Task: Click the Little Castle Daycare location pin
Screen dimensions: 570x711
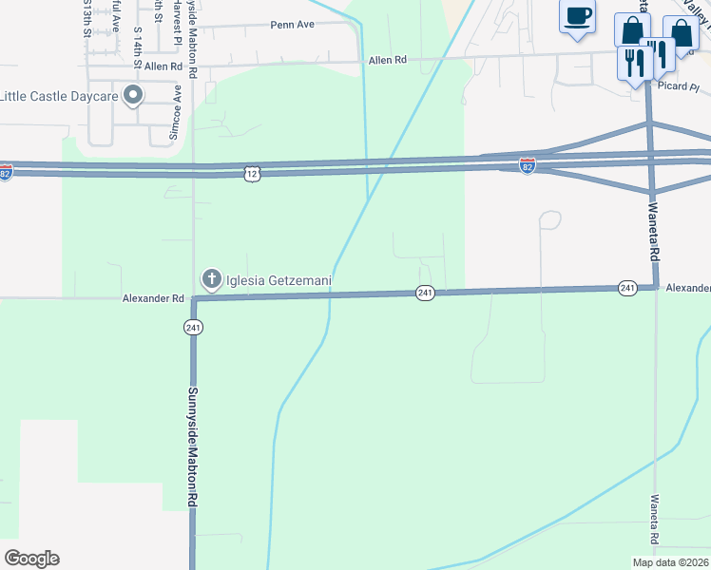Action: (x=133, y=95)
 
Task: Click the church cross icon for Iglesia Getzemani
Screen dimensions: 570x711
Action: (x=209, y=279)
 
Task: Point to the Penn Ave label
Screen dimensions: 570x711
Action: (x=292, y=25)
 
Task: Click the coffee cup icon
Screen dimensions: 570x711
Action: (x=578, y=16)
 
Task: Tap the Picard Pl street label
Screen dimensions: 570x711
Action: (x=678, y=87)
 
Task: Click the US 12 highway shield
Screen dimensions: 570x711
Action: (x=251, y=173)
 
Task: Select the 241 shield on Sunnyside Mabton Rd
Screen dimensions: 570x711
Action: (x=193, y=327)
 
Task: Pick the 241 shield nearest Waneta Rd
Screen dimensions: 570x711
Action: (x=626, y=287)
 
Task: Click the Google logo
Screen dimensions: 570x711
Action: (x=31, y=559)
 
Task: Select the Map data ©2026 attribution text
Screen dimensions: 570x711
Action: (x=669, y=562)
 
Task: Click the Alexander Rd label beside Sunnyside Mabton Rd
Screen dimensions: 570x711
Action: (x=152, y=298)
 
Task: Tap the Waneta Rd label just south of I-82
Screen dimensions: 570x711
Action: (x=654, y=234)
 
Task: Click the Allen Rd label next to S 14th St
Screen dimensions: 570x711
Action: (x=163, y=66)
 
